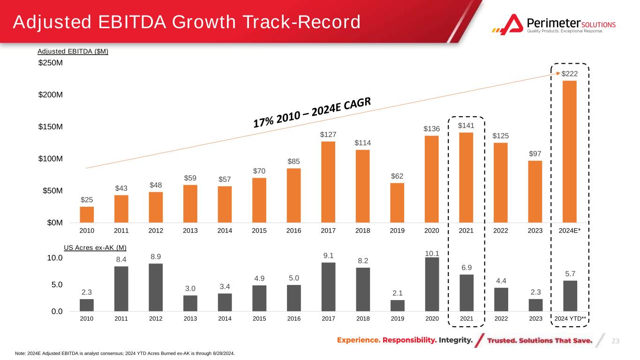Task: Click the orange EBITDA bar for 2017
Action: (x=328, y=182)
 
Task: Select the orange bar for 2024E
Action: (x=569, y=152)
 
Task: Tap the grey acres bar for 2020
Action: (x=432, y=284)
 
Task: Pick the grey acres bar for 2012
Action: (x=156, y=287)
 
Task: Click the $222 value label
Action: (x=569, y=74)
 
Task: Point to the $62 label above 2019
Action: (x=397, y=176)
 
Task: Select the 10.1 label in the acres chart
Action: (x=432, y=254)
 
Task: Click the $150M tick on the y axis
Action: (x=50, y=127)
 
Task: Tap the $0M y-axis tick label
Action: (x=55, y=223)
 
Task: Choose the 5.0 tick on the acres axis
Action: (x=57, y=285)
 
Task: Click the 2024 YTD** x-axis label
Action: (x=570, y=319)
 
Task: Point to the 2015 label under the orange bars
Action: (x=259, y=231)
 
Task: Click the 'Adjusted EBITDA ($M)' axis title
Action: (x=73, y=52)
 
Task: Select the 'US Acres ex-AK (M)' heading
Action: (x=95, y=247)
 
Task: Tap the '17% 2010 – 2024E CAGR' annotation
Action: (x=312, y=112)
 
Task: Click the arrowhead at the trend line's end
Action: (x=558, y=74)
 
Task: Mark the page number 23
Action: (x=616, y=341)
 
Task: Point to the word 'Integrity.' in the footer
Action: (x=456, y=340)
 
